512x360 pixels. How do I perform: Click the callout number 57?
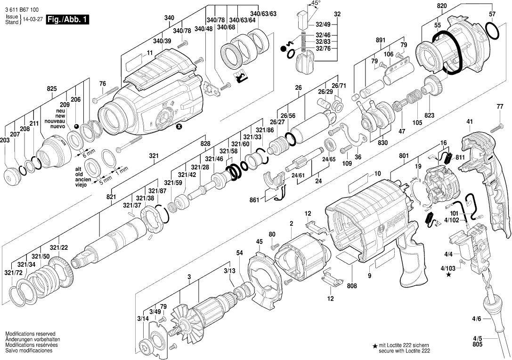coord(492,15)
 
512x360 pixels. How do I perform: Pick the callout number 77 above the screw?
coord(500,107)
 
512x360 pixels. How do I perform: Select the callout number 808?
coord(352,285)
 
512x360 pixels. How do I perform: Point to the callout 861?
coord(254,200)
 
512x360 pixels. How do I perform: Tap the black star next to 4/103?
coord(448,275)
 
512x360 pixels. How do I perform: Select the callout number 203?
coord(6,140)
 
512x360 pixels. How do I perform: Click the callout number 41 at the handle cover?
coord(469,122)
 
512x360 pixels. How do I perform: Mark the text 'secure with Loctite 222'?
coord(404,352)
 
